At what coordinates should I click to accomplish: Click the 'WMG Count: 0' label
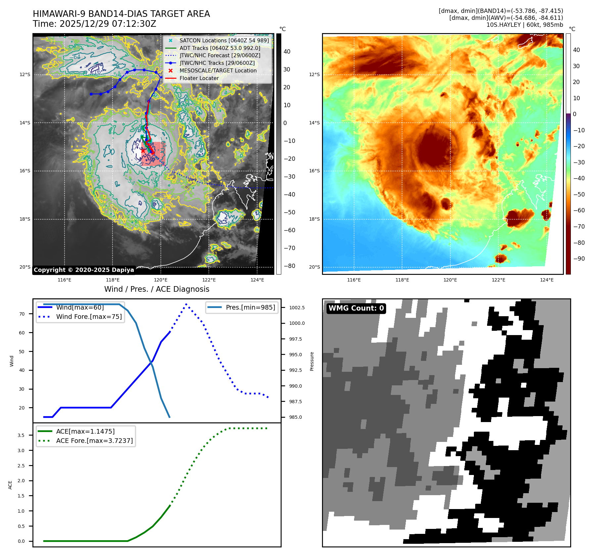356,308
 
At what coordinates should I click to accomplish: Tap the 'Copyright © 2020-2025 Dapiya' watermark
84,270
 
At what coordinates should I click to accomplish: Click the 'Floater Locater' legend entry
199,78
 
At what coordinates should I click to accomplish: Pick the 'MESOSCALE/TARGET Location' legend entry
218,70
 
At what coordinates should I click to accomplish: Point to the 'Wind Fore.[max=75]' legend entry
89,317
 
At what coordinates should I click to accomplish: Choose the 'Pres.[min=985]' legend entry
250,307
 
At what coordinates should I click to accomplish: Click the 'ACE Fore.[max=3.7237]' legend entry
94,441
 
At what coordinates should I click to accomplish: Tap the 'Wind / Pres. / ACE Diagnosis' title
157,289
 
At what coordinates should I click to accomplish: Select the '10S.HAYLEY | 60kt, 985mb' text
525,25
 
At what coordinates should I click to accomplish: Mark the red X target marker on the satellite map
143,150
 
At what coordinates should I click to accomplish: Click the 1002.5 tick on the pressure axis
297,308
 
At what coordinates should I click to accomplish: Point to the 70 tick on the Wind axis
22,314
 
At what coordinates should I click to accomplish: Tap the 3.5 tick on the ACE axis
21,435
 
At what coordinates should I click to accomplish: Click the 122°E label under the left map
209,280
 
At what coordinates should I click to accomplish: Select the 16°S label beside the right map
314,171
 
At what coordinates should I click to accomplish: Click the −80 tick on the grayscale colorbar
290,266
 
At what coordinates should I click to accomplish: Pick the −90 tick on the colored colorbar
579,259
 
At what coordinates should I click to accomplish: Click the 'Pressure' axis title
312,361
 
